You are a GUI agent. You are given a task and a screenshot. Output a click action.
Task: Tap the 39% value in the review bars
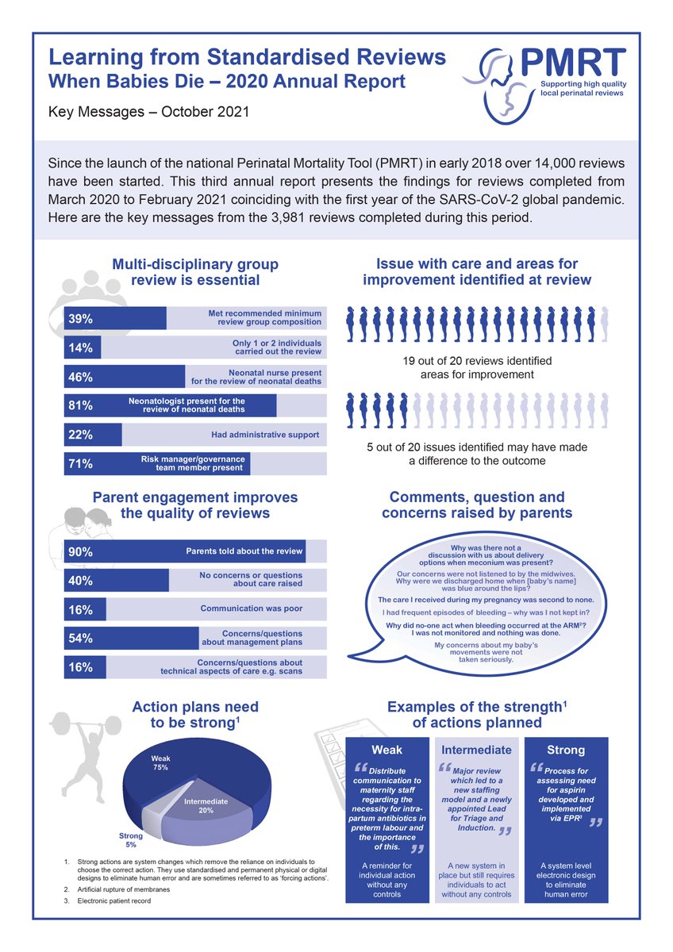pyautogui.click(x=81, y=319)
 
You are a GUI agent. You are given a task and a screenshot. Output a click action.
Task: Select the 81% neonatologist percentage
pyautogui.click(x=81, y=405)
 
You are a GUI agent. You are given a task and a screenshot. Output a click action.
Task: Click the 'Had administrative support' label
pyautogui.click(x=265, y=435)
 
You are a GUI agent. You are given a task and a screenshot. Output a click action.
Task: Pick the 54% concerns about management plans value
pyautogui.click(x=81, y=639)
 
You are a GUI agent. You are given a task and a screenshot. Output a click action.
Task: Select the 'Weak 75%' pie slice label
pyautogui.click(x=161, y=763)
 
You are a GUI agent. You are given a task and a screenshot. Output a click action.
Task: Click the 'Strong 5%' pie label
pyautogui.click(x=131, y=840)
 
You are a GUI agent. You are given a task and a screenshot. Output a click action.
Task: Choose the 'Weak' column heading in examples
pyautogui.click(x=387, y=750)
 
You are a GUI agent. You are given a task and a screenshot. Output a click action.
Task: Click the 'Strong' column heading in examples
pyautogui.click(x=566, y=750)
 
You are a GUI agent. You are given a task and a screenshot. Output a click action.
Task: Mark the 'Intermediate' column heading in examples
pyautogui.click(x=476, y=750)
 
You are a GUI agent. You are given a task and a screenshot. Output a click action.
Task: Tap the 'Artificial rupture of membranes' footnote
pyautogui.click(x=129, y=889)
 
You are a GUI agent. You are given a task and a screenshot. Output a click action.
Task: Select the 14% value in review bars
pyautogui.click(x=81, y=347)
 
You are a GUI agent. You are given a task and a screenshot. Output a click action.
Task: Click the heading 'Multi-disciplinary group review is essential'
pyautogui.click(x=194, y=272)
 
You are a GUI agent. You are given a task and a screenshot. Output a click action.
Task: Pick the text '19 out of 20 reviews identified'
pyautogui.click(x=477, y=361)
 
